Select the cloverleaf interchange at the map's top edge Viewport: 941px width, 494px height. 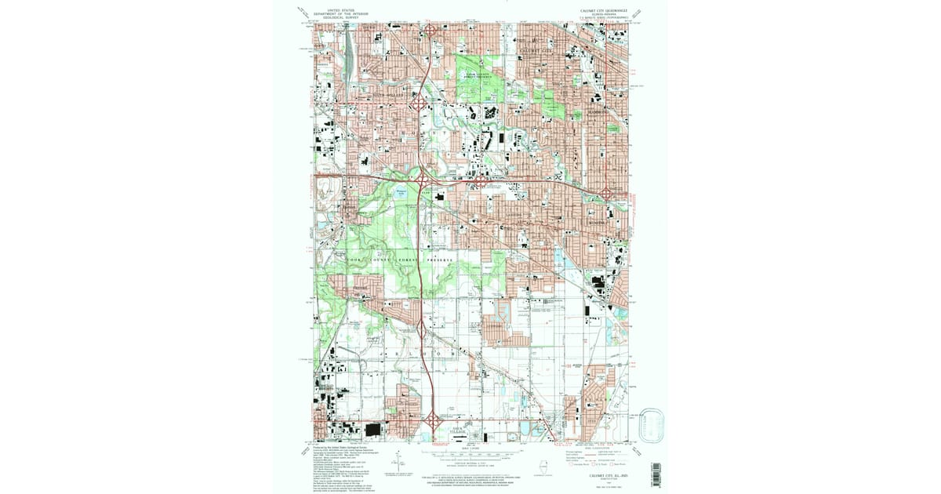[431, 31]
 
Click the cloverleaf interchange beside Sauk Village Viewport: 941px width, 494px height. [431, 421]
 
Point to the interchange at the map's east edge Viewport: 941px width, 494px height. [609, 194]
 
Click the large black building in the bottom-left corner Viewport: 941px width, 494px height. [374, 429]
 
